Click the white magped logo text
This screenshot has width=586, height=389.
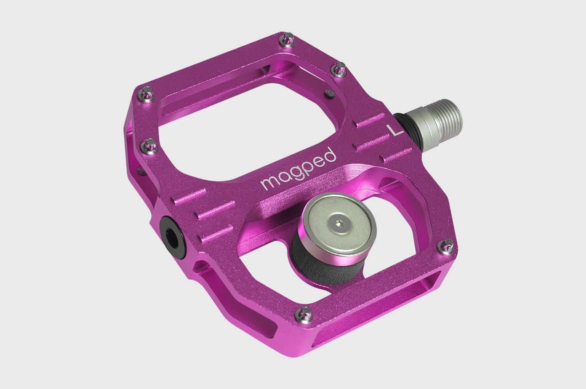[x=298, y=169]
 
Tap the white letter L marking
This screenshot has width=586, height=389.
[x=395, y=130]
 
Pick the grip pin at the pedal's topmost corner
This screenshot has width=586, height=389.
[x=287, y=40]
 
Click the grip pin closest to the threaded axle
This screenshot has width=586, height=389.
[x=339, y=69]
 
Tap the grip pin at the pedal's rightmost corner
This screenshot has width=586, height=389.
[x=446, y=246]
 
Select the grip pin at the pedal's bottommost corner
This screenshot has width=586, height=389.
[x=304, y=314]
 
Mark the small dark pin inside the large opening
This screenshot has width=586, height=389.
[x=329, y=93]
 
